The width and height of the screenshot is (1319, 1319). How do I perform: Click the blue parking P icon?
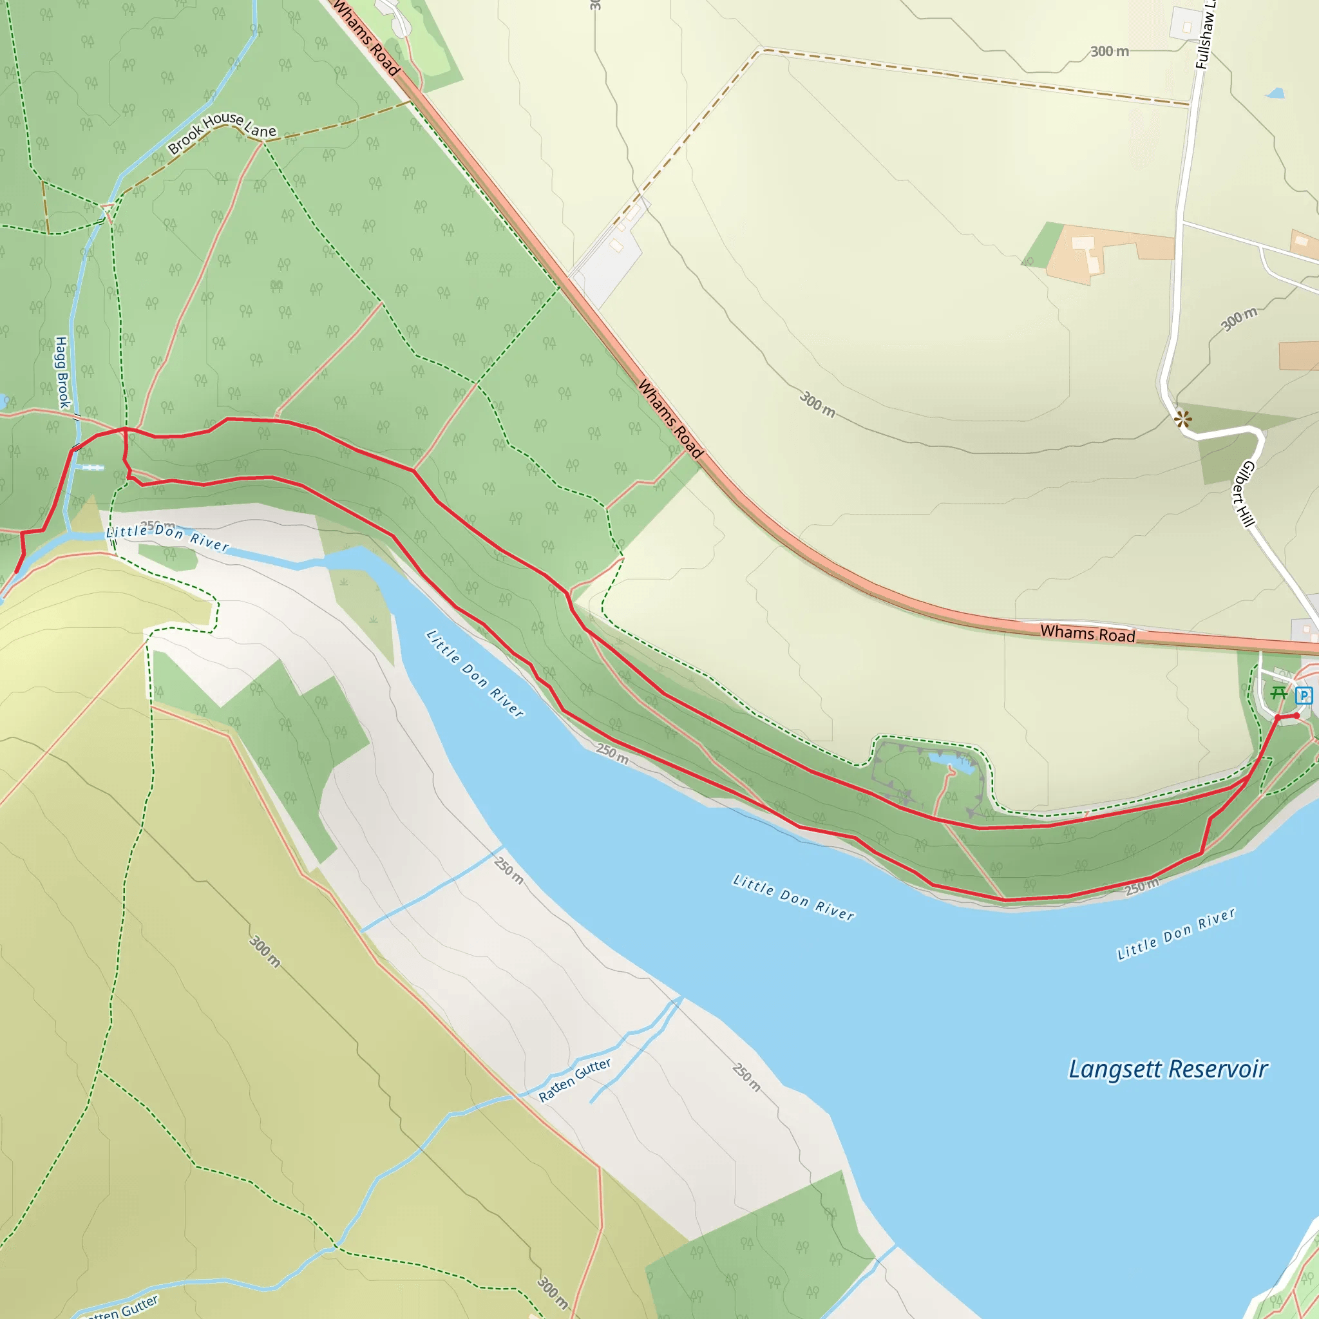click(x=1304, y=696)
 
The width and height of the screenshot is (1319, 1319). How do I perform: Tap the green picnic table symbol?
click(x=1278, y=694)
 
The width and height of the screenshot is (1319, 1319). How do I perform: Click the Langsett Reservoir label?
click(x=1168, y=1069)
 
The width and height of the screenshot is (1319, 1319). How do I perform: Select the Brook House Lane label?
click(x=222, y=132)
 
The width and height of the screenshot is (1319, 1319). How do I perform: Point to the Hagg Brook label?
click(x=62, y=372)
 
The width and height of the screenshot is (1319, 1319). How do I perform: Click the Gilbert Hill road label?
click(x=1244, y=493)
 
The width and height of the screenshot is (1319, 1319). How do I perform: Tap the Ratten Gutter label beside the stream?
click(x=575, y=1080)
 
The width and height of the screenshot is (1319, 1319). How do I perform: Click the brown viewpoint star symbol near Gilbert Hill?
click(x=1183, y=419)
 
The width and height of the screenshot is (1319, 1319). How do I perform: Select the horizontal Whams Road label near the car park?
click(x=1087, y=634)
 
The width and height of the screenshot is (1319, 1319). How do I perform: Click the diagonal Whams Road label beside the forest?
click(x=670, y=419)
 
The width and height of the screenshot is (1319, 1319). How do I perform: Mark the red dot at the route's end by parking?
click(x=1296, y=716)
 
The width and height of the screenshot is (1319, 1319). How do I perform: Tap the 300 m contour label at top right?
click(x=1109, y=52)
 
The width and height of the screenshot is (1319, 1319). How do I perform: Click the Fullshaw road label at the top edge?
click(x=1204, y=34)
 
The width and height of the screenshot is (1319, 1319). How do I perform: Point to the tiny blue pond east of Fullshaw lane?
click(x=1275, y=93)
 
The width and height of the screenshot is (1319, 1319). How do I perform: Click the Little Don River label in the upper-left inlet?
click(x=167, y=536)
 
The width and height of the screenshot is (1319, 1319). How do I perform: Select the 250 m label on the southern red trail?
click(x=1141, y=887)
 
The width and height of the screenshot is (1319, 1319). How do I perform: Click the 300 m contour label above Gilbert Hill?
click(x=1239, y=319)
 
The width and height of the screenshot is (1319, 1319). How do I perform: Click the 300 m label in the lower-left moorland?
click(x=264, y=951)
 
